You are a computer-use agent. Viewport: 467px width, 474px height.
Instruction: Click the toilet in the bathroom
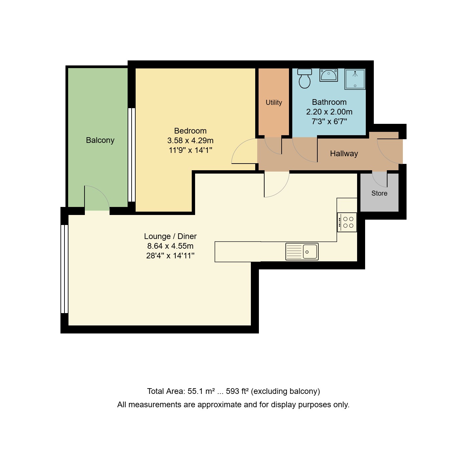pos(304,79)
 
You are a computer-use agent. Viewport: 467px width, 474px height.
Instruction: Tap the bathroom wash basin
pos(329,75)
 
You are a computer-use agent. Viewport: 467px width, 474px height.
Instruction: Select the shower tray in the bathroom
pos(355,79)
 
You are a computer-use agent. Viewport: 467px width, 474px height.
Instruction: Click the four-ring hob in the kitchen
pos(347,222)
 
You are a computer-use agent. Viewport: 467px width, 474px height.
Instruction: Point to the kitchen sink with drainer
pos(302,251)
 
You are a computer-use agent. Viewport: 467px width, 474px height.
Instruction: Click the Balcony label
pos(100,140)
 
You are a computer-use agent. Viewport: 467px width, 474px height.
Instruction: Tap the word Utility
pos(274,102)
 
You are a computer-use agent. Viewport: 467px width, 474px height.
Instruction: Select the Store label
pos(379,193)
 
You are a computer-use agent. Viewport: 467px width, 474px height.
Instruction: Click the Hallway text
pos(344,154)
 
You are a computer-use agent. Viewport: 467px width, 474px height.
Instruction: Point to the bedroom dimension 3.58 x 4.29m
pos(190,141)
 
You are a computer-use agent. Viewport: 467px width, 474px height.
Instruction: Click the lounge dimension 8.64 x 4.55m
pos(170,246)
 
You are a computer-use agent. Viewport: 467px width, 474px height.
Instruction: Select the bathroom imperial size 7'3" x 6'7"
pos(329,122)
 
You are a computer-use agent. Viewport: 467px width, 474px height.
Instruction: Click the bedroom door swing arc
pos(244,152)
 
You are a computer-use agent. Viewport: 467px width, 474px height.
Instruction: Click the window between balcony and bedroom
pos(132,155)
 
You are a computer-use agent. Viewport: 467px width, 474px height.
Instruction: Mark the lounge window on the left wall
pos(64,269)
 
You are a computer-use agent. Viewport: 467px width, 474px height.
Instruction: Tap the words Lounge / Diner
pos(170,236)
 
